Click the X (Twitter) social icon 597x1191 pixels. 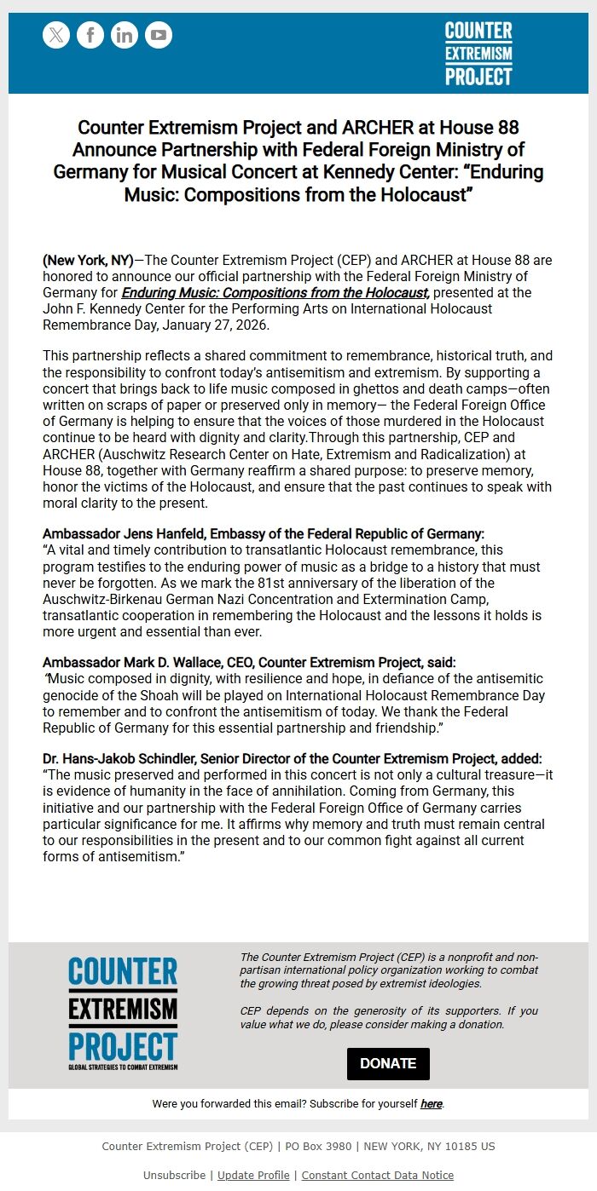point(56,35)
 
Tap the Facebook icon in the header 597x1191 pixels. point(90,35)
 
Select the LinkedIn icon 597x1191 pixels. point(125,35)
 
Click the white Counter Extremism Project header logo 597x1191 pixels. point(478,54)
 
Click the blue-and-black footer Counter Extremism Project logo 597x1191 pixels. point(123,1014)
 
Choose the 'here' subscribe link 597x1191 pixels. point(431,1104)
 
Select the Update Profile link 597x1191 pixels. point(253,1176)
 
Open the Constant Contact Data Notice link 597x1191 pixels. point(377,1176)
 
